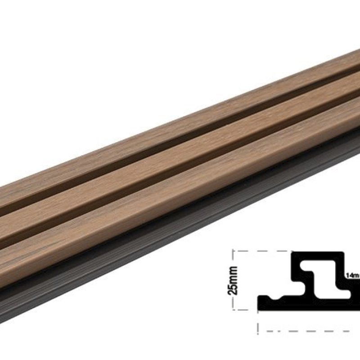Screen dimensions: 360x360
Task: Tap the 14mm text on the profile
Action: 351,274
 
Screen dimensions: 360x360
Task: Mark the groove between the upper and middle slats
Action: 180,145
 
